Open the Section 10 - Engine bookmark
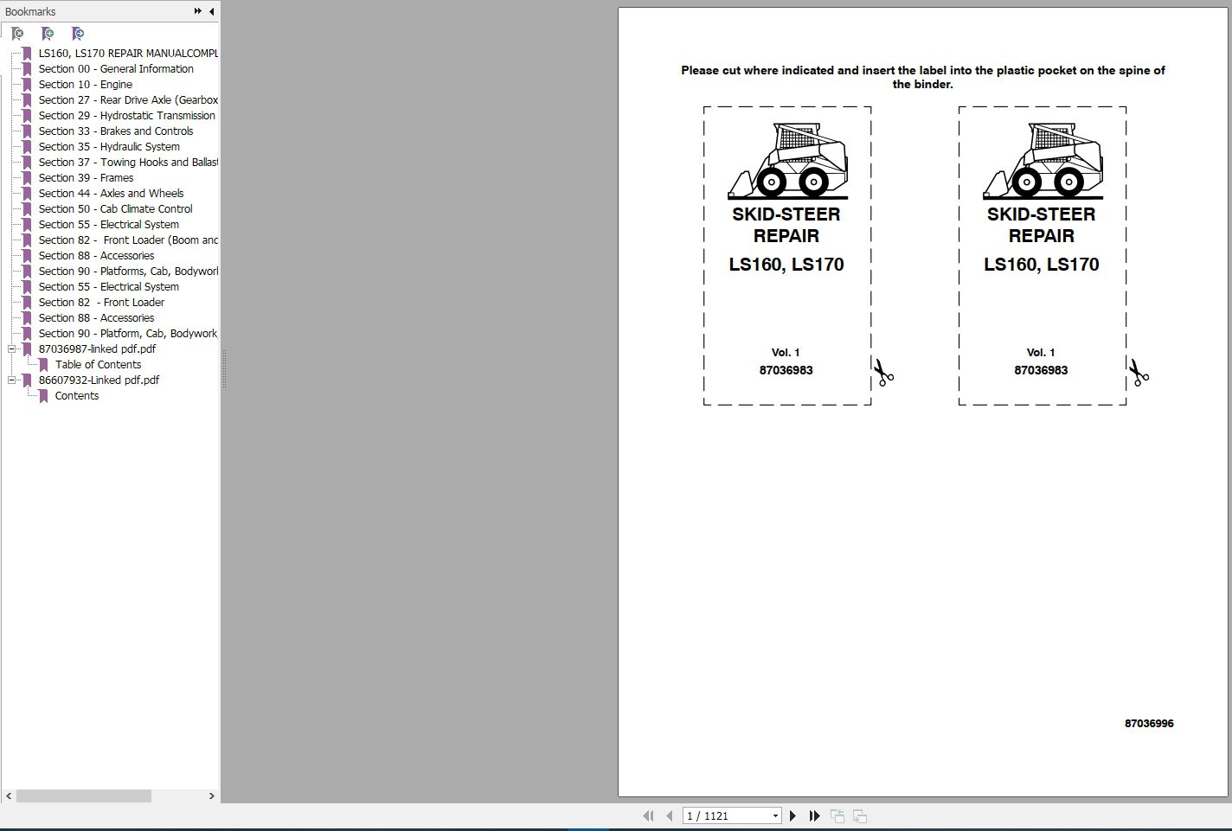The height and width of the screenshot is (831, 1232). pyautogui.click(x=85, y=85)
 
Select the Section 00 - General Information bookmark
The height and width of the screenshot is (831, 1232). pyautogui.click(x=115, y=69)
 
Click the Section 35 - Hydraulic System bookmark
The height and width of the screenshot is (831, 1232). pyautogui.click(x=108, y=147)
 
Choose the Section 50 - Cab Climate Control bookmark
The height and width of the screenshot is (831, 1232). pyautogui.click(x=115, y=209)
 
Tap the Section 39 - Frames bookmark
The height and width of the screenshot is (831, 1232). pyautogui.click(x=86, y=178)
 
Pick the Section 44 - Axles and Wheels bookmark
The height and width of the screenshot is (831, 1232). pyautogui.click(x=111, y=194)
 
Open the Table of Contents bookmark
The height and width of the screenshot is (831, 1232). pyautogui.click(x=98, y=365)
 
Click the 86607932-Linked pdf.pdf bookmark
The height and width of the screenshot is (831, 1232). pyautogui.click(x=99, y=380)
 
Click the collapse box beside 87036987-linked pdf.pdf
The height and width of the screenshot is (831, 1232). pyautogui.click(x=12, y=349)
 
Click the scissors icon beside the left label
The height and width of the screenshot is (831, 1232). pyautogui.click(x=882, y=373)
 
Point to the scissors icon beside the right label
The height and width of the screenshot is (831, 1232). pyautogui.click(x=1138, y=373)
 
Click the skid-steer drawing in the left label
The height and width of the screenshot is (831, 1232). pyautogui.click(x=787, y=162)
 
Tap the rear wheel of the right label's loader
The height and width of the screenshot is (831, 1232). pyautogui.click(x=1068, y=182)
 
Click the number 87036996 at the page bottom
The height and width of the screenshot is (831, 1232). pyautogui.click(x=1149, y=724)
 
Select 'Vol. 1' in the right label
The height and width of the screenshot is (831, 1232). pyautogui.click(x=1041, y=353)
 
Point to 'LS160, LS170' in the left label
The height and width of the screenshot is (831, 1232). pyautogui.click(x=786, y=265)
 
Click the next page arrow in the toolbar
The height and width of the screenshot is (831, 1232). pyautogui.click(x=792, y=815)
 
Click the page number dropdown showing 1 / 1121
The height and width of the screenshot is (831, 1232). pyautogui.click(x=732, y=815)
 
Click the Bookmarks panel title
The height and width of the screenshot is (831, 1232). pyautogui.click(x=30, y=11)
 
